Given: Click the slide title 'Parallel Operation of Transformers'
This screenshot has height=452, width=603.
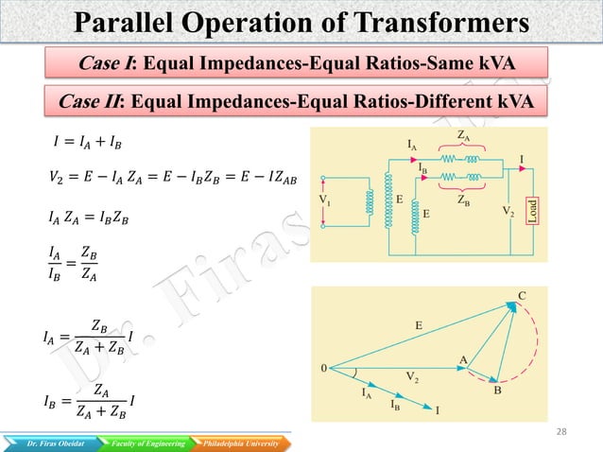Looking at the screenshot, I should (x=301, y=22).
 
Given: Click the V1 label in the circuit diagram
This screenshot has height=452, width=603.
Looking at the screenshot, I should (x=325, y=200).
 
